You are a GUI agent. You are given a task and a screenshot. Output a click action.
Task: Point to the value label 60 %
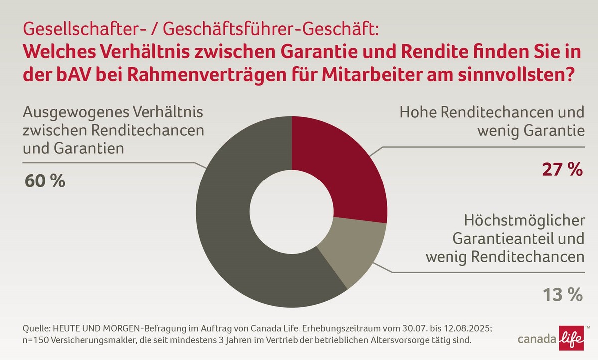pos(45,181)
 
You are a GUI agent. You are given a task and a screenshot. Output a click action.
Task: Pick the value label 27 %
pos(562,170)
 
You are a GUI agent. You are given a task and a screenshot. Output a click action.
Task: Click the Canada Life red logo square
pos(573,339)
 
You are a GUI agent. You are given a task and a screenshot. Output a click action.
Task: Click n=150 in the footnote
pos(36,341)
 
